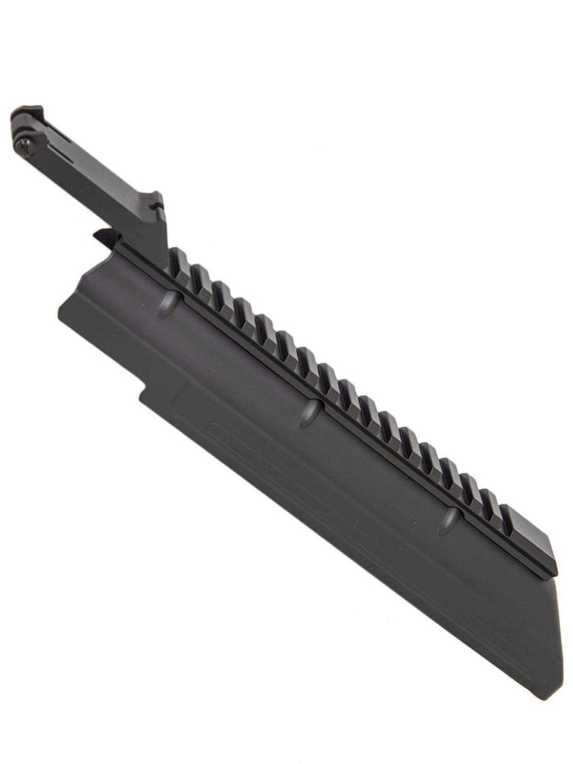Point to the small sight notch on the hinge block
(x=154, y=205)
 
